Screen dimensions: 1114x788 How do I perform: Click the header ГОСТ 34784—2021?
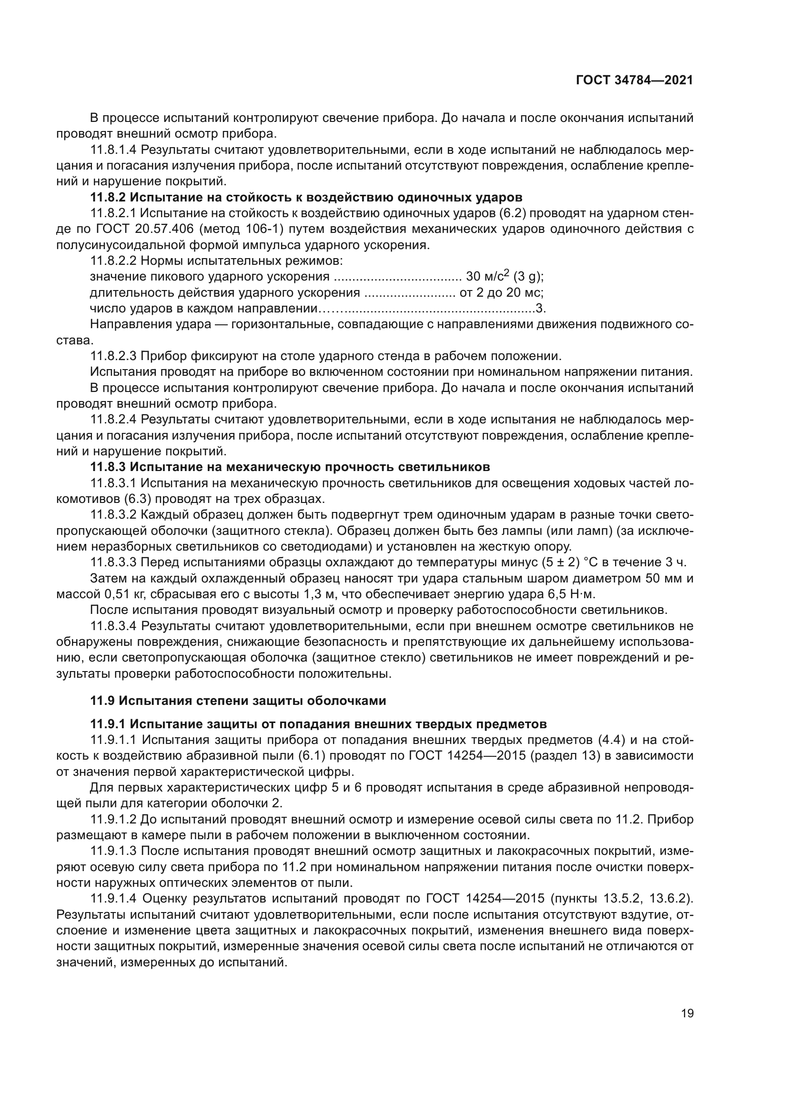click(634, 80)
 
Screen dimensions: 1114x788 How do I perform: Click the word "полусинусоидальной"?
click(128, 245)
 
